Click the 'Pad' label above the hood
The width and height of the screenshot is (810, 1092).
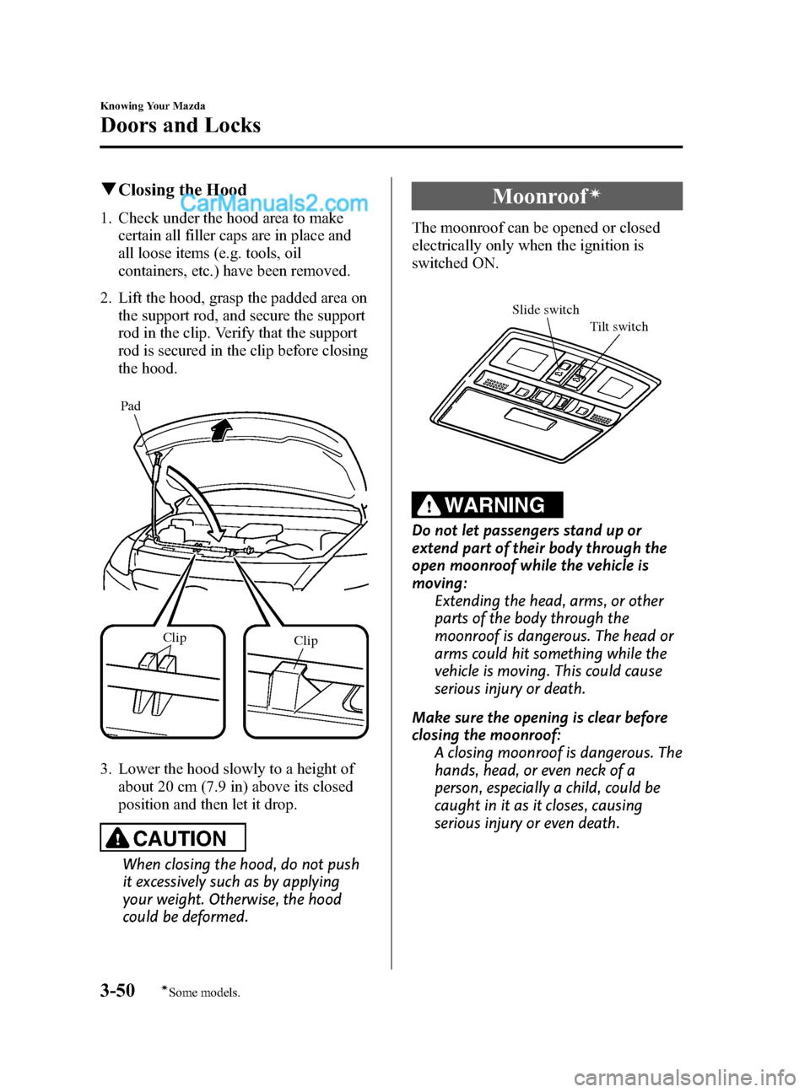pyautogui.click(x=131, y=406)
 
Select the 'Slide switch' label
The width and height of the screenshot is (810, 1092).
pyautogui.click(x=545, y=309)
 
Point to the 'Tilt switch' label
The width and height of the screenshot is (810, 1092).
pyautogui.click(x=618, y=326)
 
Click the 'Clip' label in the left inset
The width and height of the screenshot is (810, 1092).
pyautogui.click(x=175, y=637)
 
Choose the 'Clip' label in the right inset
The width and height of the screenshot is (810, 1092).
pyautogui.click(x=305, y=641)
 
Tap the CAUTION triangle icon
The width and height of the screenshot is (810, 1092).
pyautogui.click(x=119, y=838)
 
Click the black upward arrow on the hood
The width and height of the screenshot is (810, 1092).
pyautogui.click(x=221, y=431)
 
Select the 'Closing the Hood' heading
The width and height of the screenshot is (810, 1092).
pyautogui.click(x=182, y=190)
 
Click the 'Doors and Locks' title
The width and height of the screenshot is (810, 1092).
pyautogui.click(x=181, y=125)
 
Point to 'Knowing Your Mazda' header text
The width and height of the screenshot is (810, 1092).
pyautogui.click(x=153, y=106)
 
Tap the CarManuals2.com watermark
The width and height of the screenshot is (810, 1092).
pyautogui.click(x=274, y=203)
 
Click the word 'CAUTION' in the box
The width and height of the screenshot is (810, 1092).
pyautogui.click(x=180, y=838)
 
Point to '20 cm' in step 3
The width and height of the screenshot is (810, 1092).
pyautogui.click(x=168, y=786)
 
